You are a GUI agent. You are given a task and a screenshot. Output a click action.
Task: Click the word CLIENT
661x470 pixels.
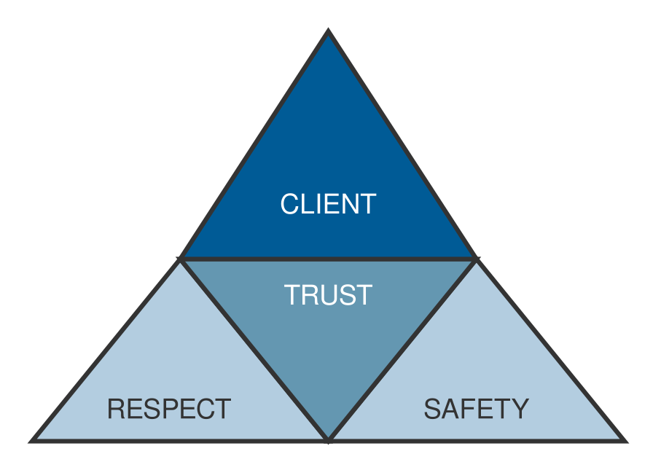click(328, 204)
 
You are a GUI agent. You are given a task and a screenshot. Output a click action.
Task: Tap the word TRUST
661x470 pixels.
click(328, 295)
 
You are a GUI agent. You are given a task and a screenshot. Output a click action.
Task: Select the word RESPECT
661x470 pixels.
click(169, 409)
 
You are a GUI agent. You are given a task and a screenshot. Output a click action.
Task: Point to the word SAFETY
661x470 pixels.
click(476, 409)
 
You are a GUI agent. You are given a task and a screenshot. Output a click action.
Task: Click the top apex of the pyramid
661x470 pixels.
click(329, 34)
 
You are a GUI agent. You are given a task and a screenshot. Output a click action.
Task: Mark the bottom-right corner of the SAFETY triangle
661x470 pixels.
click(624, 440)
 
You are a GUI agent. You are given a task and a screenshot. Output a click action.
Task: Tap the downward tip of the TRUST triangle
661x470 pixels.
click(329, 439)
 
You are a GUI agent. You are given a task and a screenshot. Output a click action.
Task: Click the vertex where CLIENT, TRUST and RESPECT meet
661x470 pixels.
click(181, 259)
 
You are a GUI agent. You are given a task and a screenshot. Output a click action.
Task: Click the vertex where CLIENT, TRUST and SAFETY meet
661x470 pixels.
click(477, 259)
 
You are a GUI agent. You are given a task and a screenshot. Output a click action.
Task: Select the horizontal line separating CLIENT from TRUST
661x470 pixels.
click(329, 259)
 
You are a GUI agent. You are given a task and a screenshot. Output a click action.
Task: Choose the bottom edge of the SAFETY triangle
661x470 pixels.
click(477, 440)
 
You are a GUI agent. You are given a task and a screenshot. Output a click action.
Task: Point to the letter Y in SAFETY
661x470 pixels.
click(520, 409)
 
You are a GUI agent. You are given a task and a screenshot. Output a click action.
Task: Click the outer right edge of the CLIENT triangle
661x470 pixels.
click(402, 146)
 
